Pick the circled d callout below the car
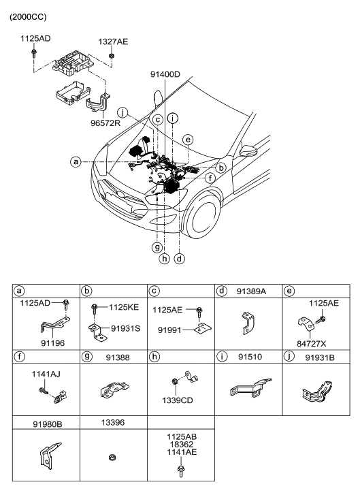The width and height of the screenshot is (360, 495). click(x=179, y=258)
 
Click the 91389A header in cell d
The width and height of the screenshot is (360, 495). click(x=252, y=291)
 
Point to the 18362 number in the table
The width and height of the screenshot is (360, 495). click(x=180, y=442)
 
